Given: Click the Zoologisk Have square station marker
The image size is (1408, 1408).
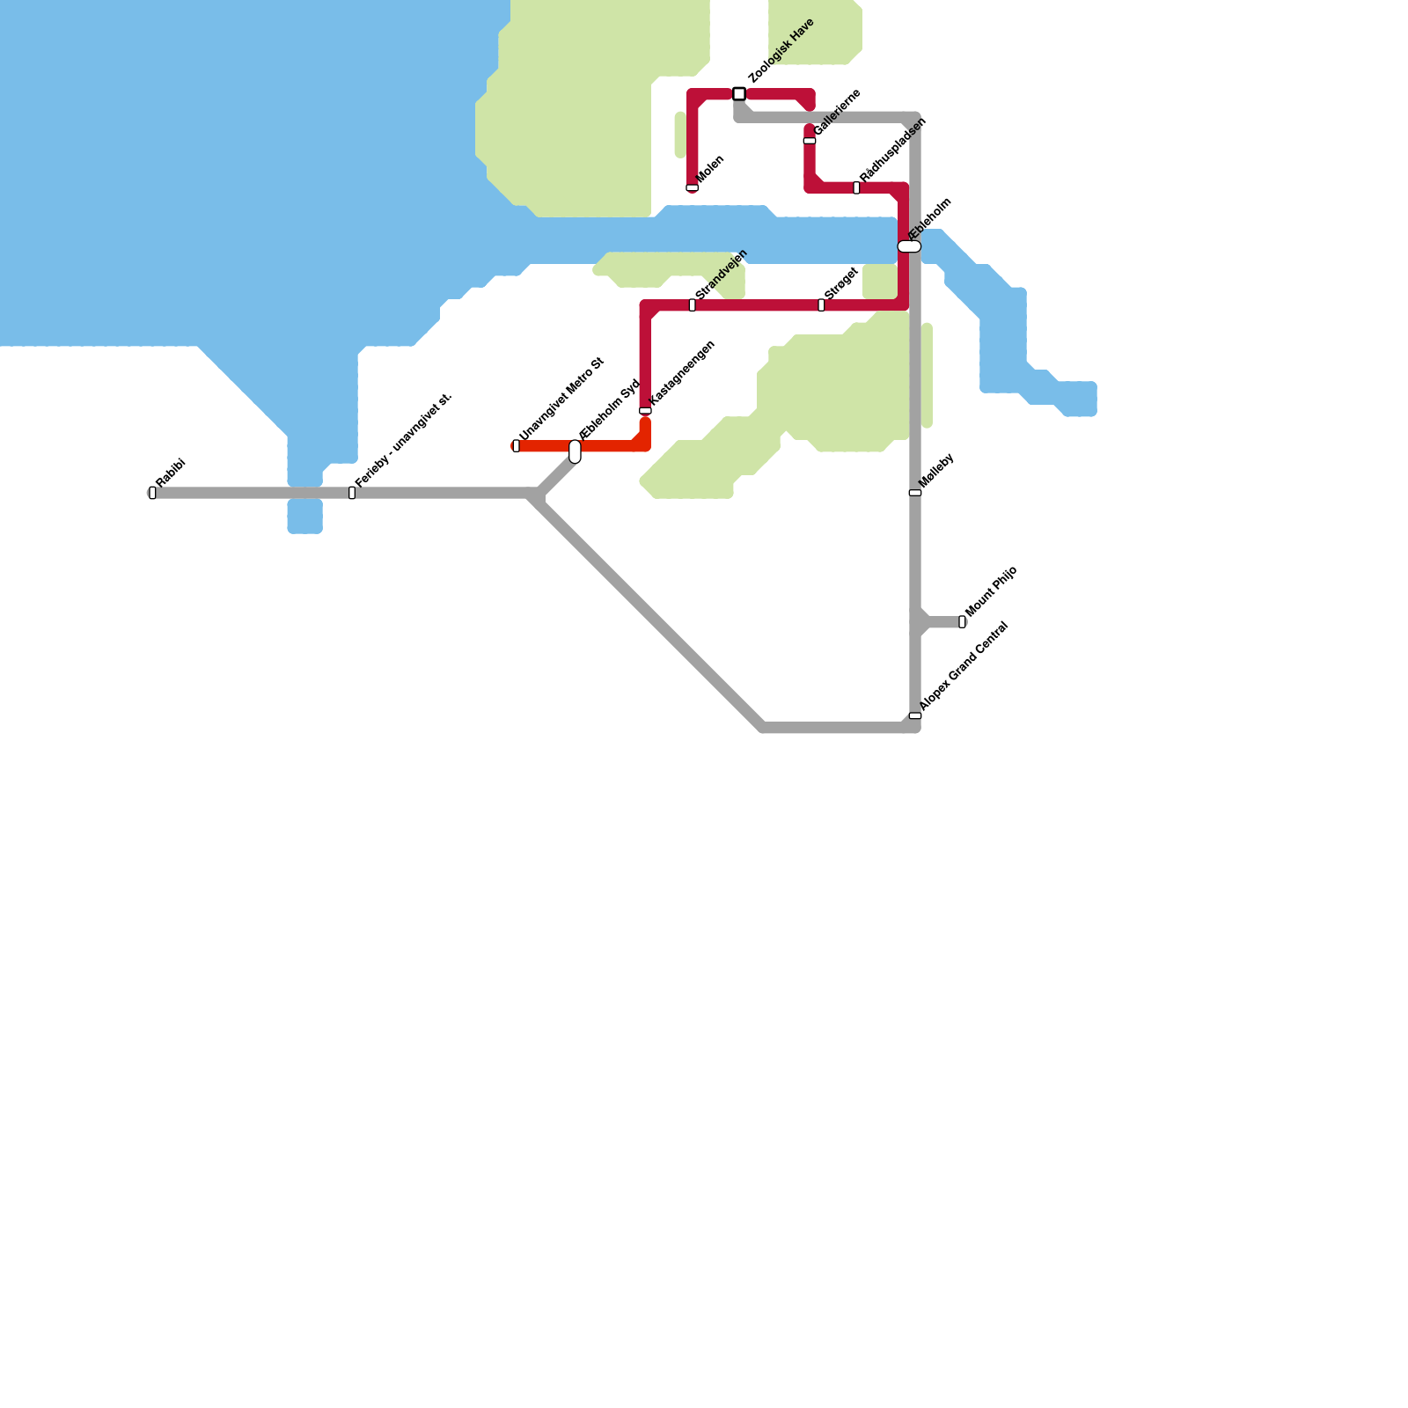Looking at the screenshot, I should pyautogui.click(x=739, y=94).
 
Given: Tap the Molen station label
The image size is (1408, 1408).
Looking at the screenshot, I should pyautogui.click(x=711, y=169).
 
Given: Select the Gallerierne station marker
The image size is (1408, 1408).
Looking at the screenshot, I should pyautogui.click(x=810, y=141).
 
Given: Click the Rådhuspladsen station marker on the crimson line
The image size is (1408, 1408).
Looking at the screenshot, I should pyautogui.click(x=856, y=188).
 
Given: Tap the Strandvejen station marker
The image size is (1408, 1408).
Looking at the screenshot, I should pyautogui.click(x=693, y=305).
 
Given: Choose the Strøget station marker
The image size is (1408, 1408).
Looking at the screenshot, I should pyautogui.click(x=821, y=305).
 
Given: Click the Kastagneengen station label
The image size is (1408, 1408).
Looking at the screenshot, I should pyautogui.click(x=682, y=373).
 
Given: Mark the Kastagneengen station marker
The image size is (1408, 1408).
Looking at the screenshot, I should pyautogui.click(x=645, y=411).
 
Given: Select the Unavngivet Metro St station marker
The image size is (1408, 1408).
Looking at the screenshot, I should pyautogui.click(x=517, y=446).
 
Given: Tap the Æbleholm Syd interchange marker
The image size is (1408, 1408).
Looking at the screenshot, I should pyautogui.click(x=575, y=451).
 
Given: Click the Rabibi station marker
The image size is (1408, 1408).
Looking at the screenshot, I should pyautogui.click(x=152, y=493).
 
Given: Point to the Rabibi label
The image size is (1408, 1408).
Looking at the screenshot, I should pyautogui.click(x=171, y=472).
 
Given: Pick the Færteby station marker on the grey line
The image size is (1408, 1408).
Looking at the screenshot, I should pyautogui.click(x=352, y=493).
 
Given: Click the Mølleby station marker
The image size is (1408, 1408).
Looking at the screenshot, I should pyautogui.click(x=915, y=493).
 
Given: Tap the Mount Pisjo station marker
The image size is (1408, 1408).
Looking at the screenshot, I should pyautogui.click(x=962, y=622).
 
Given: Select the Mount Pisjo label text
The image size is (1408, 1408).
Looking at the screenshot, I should pyautogui.click(x=992, y=591).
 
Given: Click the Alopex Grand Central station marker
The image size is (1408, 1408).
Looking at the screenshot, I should pyautogui.click(x=915, y=715).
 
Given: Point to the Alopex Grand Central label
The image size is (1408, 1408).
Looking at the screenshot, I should pyautogui.click(x=964, y=666).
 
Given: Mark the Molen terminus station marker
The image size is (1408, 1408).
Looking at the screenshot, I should pyautogui.click(x=693, y=188).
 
